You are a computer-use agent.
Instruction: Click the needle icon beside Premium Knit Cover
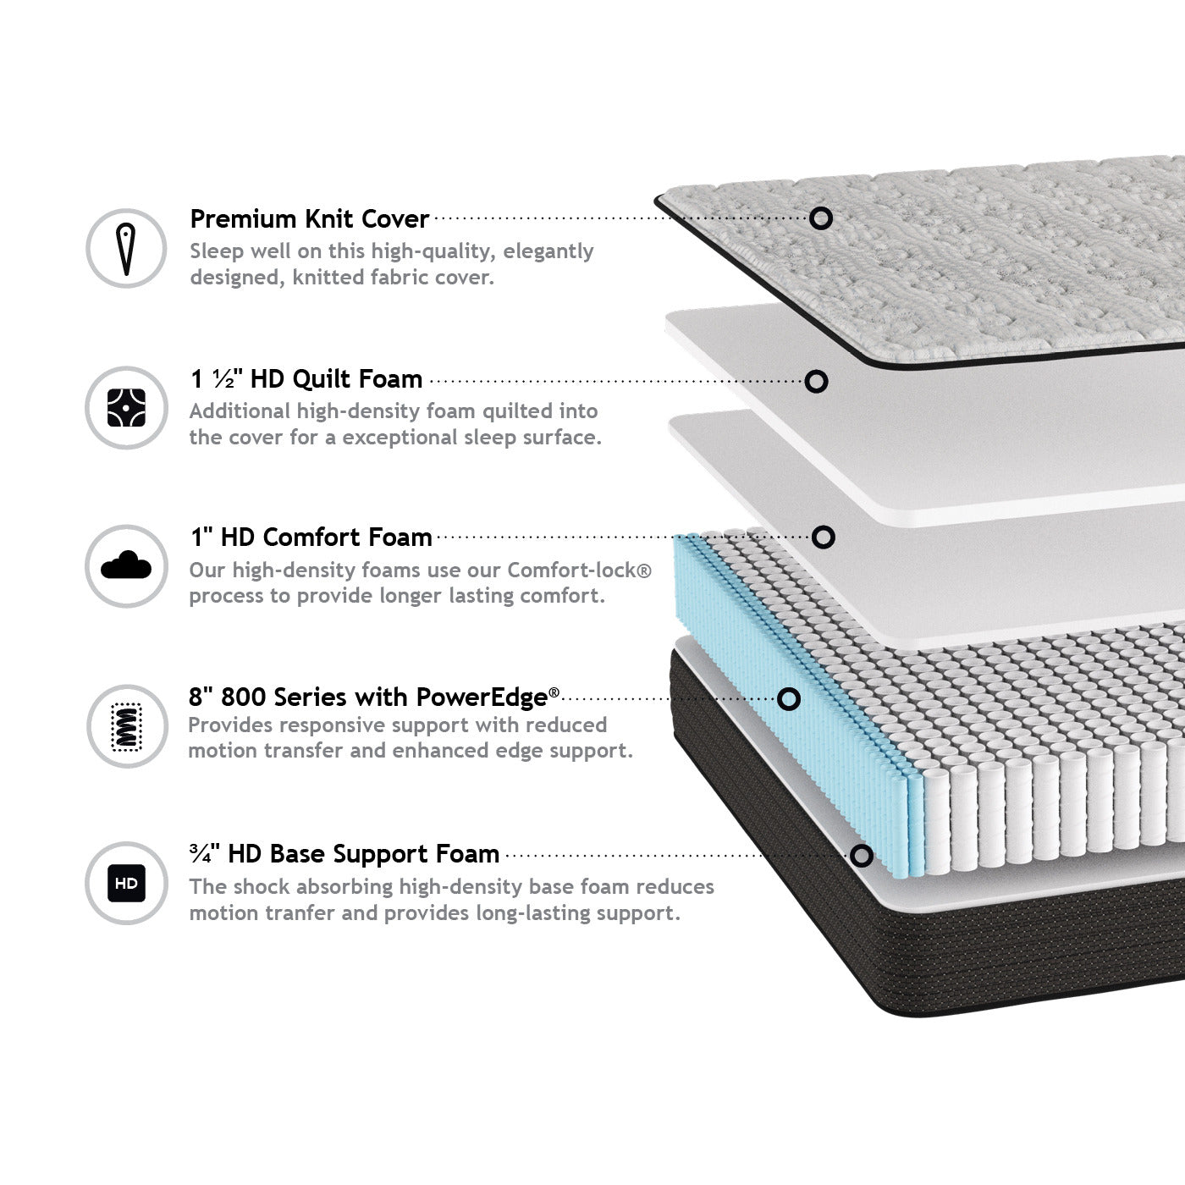pos(126,249)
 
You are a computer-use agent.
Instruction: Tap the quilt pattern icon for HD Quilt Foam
pos(126,408)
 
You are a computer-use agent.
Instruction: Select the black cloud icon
pos(126,565)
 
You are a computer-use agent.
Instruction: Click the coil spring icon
pos(126,726)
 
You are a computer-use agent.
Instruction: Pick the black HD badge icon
pos(126,883)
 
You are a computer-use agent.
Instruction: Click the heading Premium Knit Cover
pos(309,219)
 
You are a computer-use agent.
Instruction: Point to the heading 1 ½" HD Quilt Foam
pos(306,379)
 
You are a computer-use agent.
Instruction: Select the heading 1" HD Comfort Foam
pos(311,537)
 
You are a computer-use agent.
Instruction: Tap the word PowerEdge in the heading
pos(482,697)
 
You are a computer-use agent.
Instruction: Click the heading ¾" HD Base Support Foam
pos(344,854)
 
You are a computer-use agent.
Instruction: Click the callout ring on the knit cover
pos(820,218)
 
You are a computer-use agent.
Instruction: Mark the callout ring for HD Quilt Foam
pos(816,381)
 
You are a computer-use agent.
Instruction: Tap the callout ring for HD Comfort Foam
pos(823,537)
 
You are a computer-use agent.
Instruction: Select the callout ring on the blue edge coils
pos(788,698)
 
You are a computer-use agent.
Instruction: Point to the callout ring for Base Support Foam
pos(861,856)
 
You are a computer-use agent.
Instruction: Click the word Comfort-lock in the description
pos(572,570)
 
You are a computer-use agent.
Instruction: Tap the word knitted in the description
pos(328,278)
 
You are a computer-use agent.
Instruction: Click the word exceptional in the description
pos(399,438)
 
